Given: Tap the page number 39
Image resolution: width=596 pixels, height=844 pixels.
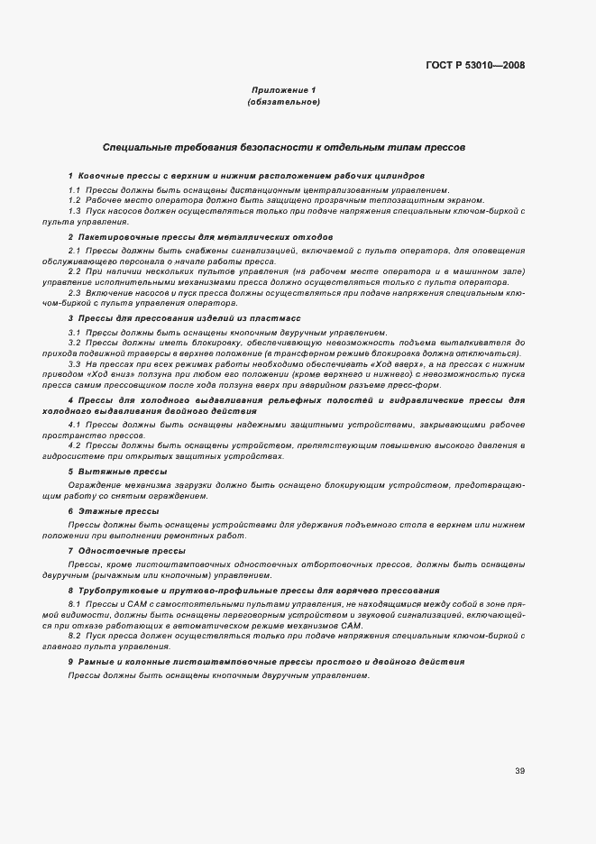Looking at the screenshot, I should point(520,770).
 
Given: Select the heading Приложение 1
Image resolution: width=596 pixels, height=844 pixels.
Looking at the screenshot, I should point(283,90).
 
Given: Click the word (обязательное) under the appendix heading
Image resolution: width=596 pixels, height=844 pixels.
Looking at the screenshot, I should point(283,102).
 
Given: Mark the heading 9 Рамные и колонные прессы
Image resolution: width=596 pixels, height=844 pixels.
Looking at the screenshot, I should point(266,661).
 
